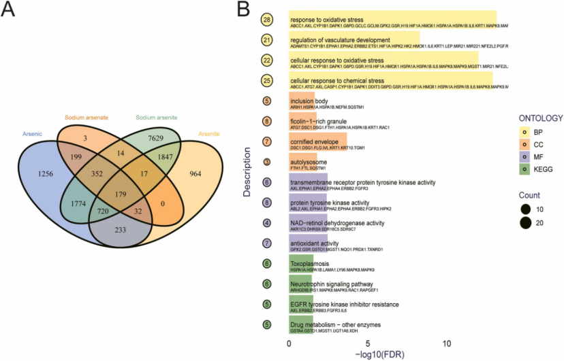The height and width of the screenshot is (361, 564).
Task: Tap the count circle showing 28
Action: [267, 20]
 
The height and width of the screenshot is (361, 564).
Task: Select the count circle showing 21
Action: [267, 41]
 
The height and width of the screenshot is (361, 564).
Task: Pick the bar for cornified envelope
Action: [317, 144]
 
